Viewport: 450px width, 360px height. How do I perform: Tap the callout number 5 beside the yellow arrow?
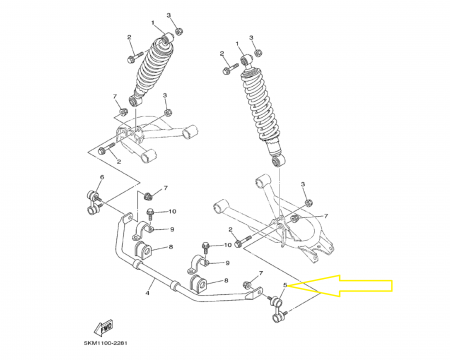coord(285,286)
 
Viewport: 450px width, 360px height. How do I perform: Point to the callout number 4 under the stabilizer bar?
coord(148,293)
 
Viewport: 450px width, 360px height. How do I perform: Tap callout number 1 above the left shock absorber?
coord(153,21)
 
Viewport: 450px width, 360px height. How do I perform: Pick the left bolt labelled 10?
coord(150,213)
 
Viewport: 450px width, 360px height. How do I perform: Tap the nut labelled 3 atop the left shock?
coord(178,31)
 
